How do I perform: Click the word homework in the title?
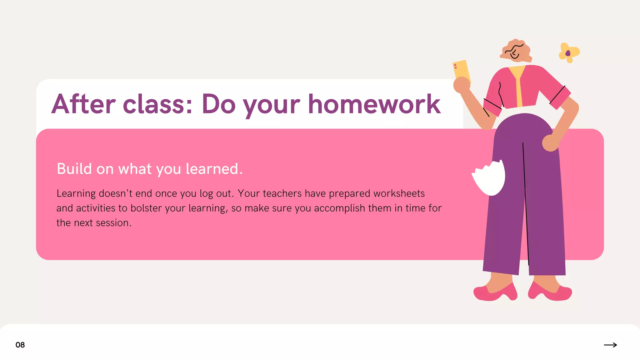[x=374, y=104]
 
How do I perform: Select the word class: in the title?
[x=158, y=104]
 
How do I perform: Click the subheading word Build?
[x=74, y=169]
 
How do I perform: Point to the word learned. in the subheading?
[x=214, y=169]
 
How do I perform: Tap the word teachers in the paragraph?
[x=282, y=193]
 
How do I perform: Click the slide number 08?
[x=20, y=345]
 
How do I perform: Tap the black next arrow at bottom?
[x=610, y=345]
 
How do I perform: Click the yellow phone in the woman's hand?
[x=462, y=71]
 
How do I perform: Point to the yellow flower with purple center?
[x=568, y=53]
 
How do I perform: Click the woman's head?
[x=516, y=51]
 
